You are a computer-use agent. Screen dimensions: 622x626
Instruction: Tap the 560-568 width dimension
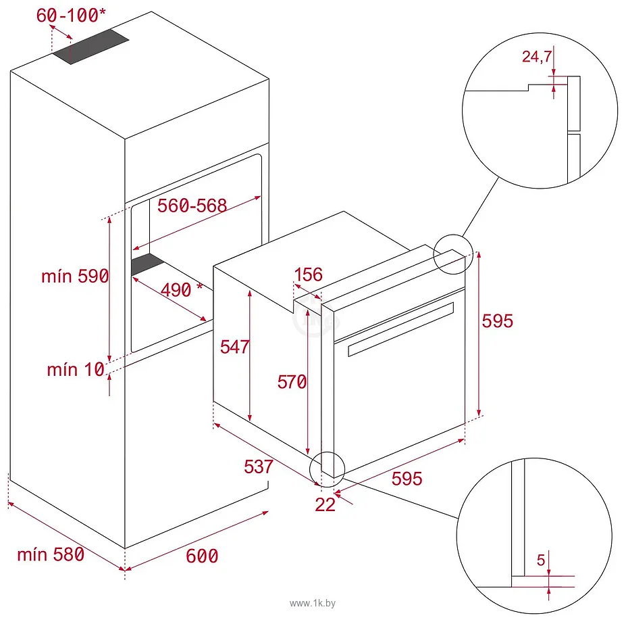[192, 206]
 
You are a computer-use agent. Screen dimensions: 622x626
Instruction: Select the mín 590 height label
[74, 277]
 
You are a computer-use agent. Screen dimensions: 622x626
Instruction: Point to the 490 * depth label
[182, 290]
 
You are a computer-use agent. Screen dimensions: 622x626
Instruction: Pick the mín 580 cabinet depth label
[51, 554]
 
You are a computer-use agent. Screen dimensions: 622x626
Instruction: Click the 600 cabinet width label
[202, 556]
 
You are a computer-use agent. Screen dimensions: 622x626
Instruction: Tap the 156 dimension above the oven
[309, 274]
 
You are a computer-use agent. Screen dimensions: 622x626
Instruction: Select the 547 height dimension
[235, 347]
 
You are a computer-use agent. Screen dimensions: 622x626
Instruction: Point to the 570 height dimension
[292, 382]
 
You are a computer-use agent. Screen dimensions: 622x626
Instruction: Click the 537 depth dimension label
[259, 466]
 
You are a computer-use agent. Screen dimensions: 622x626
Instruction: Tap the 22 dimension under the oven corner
[325, 504]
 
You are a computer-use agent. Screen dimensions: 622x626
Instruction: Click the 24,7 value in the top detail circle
[538, 57]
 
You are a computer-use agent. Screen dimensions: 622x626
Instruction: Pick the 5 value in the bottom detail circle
[540, 560]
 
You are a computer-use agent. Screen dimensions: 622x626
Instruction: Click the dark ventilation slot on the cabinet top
[91, 47]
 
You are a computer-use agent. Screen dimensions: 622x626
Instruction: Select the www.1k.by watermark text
[313, 602]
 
